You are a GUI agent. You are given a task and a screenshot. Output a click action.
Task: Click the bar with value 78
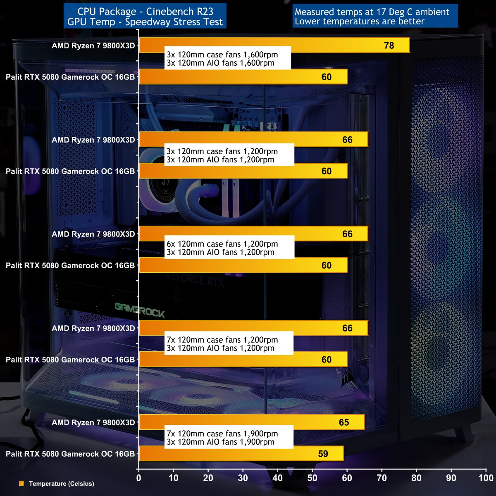point(273,45)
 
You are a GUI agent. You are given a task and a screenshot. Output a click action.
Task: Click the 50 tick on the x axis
point(312,478)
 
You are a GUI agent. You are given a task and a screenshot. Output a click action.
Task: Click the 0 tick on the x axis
point(139,478)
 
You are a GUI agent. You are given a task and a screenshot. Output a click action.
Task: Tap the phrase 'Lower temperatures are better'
point(359,21)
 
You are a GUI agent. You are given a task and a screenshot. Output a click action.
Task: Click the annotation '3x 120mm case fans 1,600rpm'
point(222,55)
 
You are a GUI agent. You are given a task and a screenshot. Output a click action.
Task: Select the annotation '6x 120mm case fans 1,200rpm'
point(222,244)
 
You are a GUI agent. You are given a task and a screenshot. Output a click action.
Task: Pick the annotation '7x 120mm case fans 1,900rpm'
point(222,434)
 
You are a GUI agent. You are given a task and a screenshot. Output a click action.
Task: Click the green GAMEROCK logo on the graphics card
point(139,311)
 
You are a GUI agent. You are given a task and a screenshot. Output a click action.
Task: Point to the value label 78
point(389,45)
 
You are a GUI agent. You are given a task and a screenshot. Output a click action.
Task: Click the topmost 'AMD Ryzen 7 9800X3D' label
point(93,45)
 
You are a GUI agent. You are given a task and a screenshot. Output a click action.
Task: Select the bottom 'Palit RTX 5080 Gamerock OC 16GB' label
point(70,453)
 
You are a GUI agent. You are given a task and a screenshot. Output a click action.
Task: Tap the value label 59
point(323,454)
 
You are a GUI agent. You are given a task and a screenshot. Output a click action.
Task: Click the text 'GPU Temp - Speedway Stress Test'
point(145,22)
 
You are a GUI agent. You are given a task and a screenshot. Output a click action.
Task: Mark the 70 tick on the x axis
point(382,478)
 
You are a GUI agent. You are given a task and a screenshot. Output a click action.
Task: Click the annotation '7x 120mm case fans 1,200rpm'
point(222,340)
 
